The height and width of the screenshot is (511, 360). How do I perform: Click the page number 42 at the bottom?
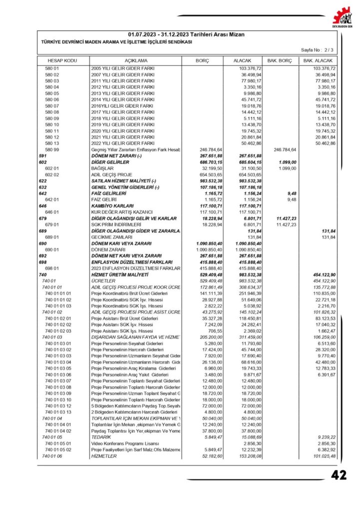(x=339, y=475)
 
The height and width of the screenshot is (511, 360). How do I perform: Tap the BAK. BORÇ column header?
(x=279, y=60)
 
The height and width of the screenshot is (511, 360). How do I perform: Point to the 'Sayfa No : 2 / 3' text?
(x=318, y=50)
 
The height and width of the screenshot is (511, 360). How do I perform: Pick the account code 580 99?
(x=52, y=149)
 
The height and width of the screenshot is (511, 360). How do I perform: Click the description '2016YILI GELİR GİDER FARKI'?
(x=122, y=106)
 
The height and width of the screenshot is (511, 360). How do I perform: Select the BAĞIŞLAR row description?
(x=105, y=168)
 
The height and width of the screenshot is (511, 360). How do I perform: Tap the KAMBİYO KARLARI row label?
(x=113, y=206)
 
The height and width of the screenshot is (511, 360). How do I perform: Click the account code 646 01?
(x=52, y=212)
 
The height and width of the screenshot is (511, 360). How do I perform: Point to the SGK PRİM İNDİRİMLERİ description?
(x=116, y=224)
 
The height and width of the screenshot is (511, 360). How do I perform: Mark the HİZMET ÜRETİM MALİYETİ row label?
(x=120, y=274)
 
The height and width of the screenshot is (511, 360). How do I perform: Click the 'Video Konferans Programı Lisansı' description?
(x=125, y=443)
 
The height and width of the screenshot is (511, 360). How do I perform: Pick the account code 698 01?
(x=52, y=268)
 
